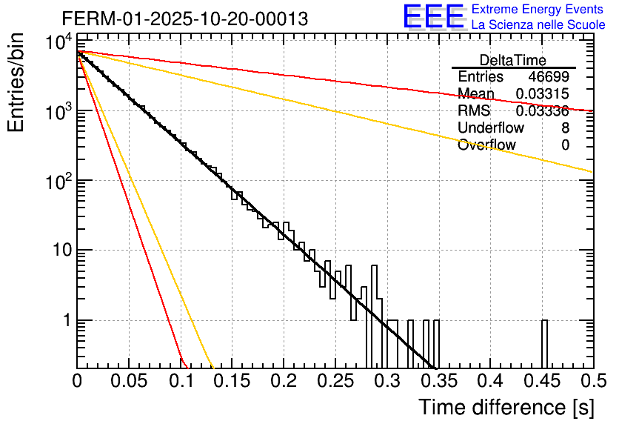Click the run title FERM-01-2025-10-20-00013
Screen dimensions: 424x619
(x=185, y=19)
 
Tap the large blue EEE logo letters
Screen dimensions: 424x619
(x=433, y=16)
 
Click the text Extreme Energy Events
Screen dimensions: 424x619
(x=538, y=10)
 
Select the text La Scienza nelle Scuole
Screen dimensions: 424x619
(x=538, y=25)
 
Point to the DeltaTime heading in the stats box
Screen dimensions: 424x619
(x=513, y=60)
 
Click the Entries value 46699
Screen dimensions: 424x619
(x=549, y=77)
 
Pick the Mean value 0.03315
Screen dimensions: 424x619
(x=542, y=94)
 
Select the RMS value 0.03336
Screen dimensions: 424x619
(x=542, y=111)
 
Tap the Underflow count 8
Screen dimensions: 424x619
(x=565, y=128)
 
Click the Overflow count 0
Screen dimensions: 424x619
(x=565, y=145)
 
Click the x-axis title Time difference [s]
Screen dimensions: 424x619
(x=505, y=407)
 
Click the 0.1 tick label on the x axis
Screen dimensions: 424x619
(x=180, y=382)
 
